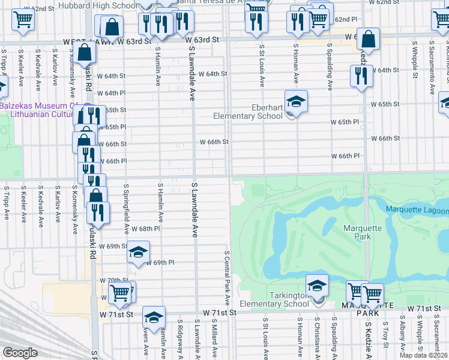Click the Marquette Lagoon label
pyautogui.click(x=417, y=210)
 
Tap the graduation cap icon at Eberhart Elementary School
pyautogui.click(x=295, y=101)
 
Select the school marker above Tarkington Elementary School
pyautogui.click(x=317, y=286)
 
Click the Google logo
pyautogui.click(x=20, y=353)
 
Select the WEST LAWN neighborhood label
pyautogui.click(x=83, y=41)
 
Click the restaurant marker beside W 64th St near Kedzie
pyautogui.click(x=361, y=76)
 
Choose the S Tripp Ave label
pyautogui.click(x=7, y=203)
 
